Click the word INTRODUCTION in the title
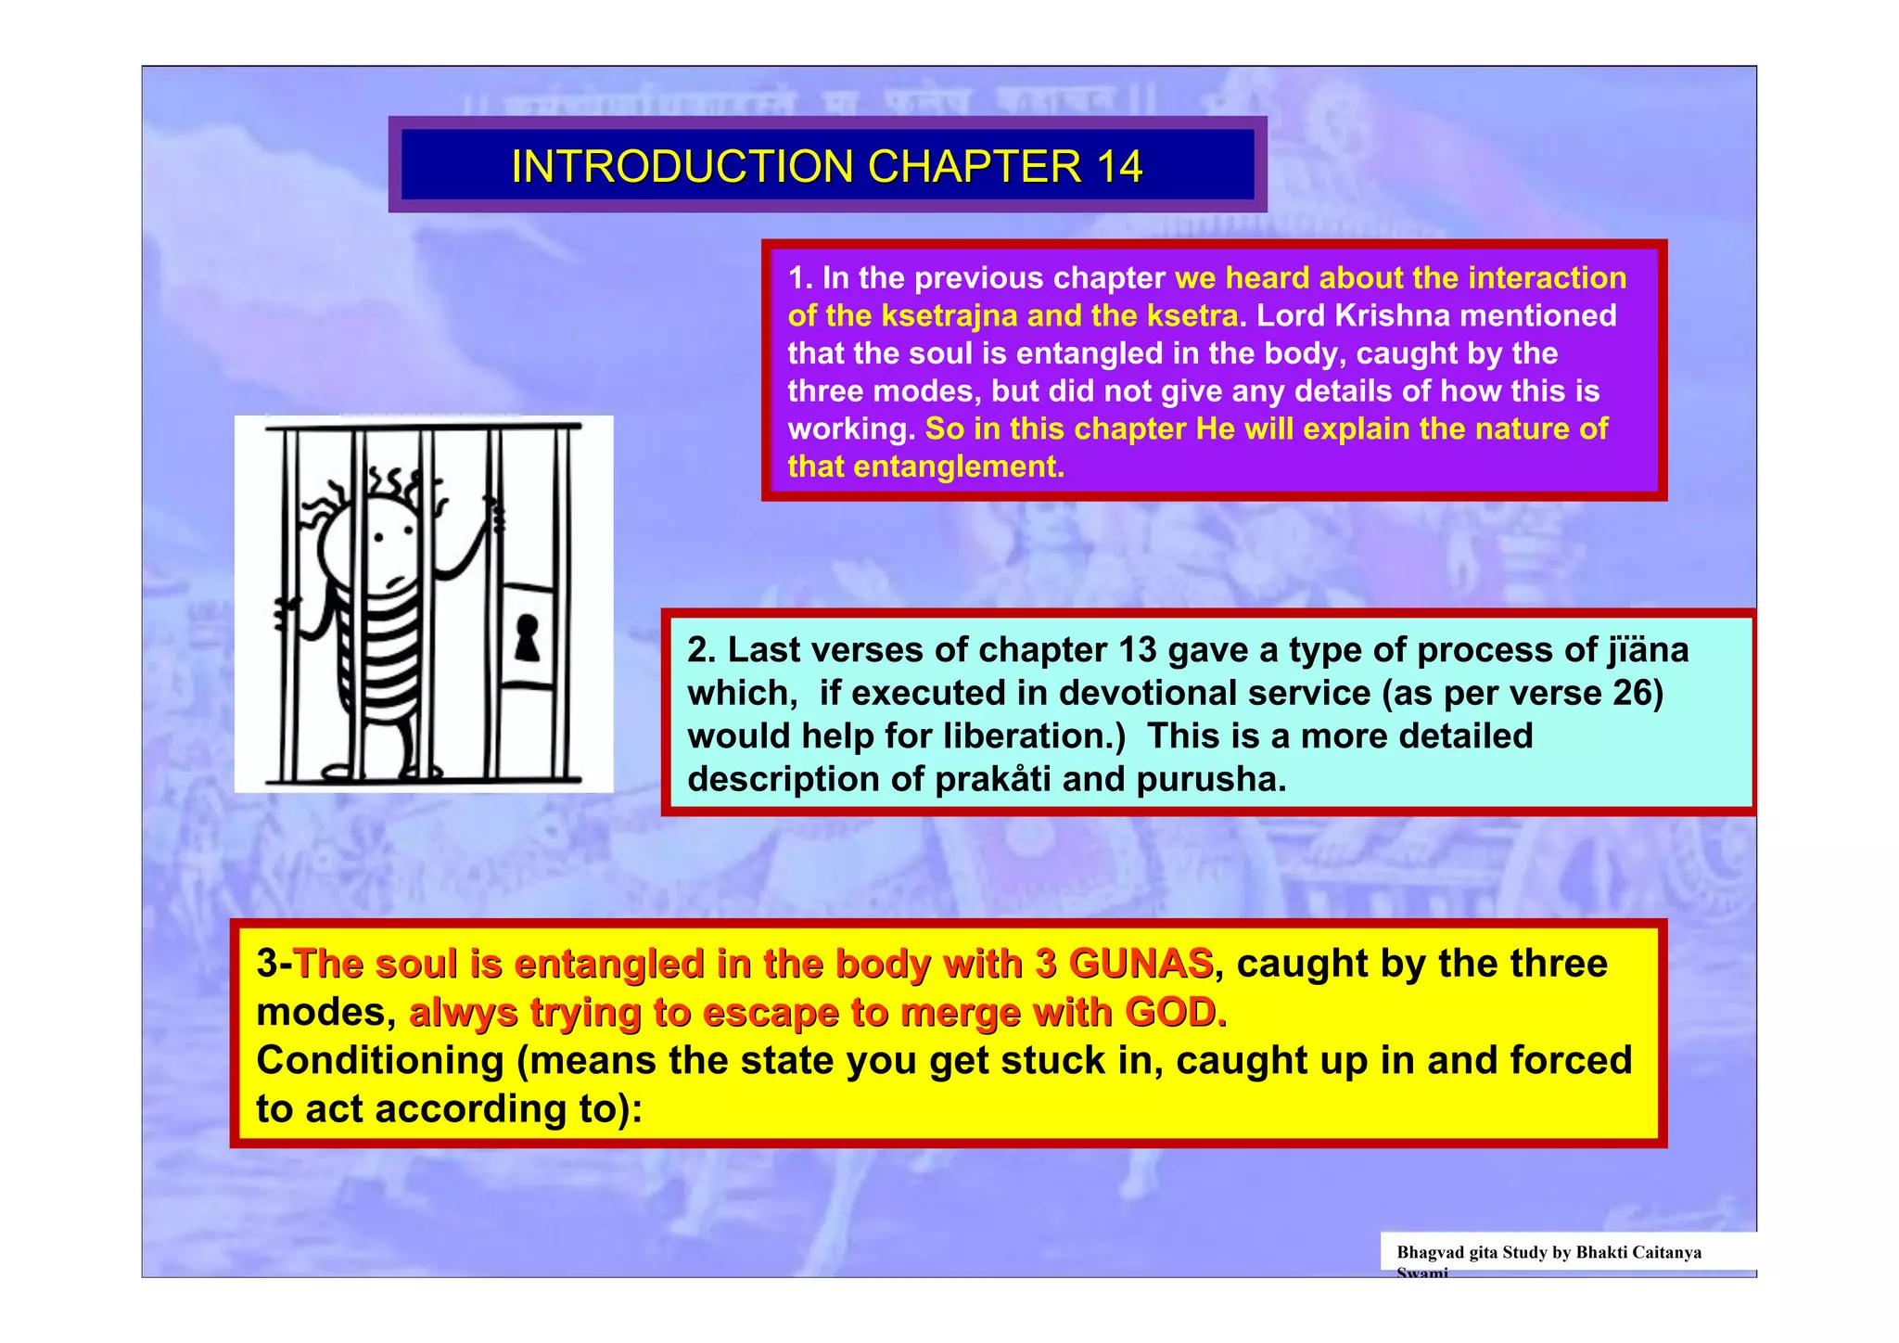(682, 168)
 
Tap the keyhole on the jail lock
(527, 637)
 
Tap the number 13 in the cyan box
(1138, 651)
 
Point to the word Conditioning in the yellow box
(379, 1061)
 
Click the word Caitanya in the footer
(1666, 1253)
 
